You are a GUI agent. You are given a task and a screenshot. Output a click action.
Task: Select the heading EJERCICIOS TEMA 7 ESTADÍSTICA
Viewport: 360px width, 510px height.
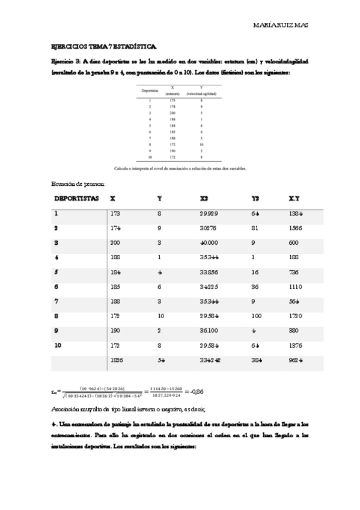[x=103, y=46]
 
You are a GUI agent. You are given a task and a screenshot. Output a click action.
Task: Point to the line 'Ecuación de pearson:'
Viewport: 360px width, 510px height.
[x=79, y=183]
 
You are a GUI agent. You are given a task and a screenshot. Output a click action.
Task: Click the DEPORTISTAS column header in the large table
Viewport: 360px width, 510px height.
[x=76, y=197]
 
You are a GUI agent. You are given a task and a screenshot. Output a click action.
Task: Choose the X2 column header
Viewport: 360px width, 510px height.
[x=204, y=197]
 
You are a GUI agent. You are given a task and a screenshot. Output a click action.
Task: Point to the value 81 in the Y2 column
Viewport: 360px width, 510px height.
[x=255, y=228]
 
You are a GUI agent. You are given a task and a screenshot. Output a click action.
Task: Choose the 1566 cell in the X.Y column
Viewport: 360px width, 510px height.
[x=295, y=228]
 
